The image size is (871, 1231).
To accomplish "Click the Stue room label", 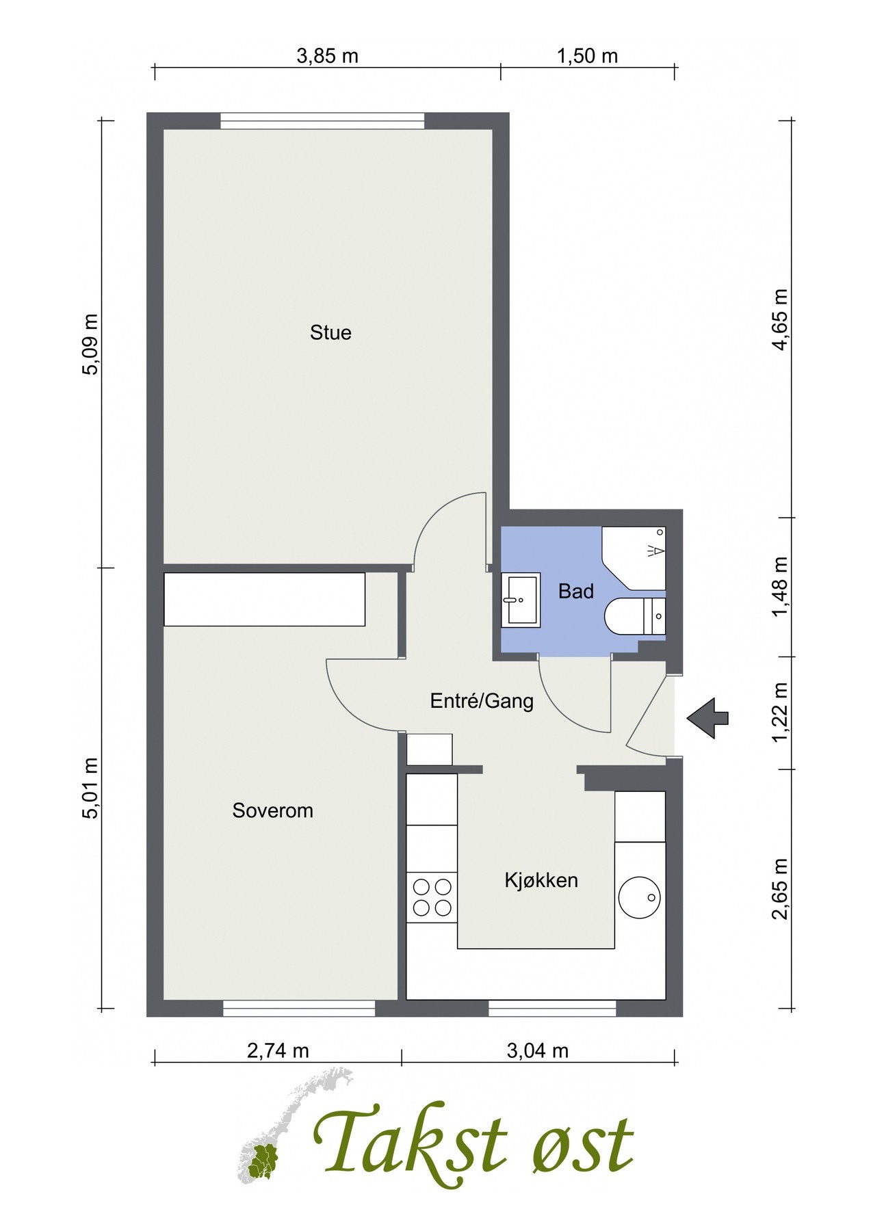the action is [x=330, y=333].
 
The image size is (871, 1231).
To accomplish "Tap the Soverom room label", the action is [x=272, y=811].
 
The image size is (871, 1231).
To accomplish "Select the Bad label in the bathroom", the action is [x=576, y=592].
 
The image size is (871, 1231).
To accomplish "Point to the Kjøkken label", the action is [x=541, y=880].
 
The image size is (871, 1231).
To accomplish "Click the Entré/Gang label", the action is [x=482, y=701].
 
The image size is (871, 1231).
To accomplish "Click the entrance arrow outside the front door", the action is [x=708, y=718].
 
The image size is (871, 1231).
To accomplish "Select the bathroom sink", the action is [x=521, y=600].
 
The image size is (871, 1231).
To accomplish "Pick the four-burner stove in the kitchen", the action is [x=432, y=897].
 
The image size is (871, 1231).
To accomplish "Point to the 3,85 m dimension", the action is [x=327, y=56].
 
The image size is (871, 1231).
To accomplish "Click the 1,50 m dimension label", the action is [x=587, y=56].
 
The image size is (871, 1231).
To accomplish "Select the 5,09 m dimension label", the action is [x=90, y=344].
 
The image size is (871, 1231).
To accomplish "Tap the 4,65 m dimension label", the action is [x=780, y=319].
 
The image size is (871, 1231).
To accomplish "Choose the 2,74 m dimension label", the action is [x=278, y=1050].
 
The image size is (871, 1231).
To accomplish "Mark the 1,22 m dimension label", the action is [x=780, y=713].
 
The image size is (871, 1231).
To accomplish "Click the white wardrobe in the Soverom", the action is [x=264, y=599].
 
